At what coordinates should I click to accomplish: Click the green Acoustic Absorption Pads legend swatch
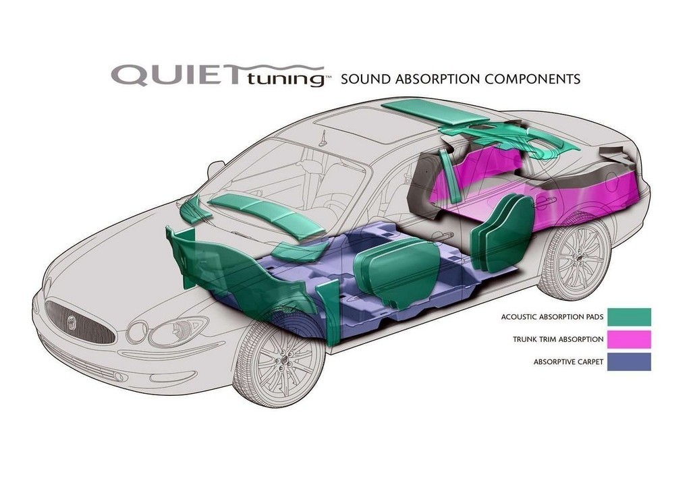pos(629,317)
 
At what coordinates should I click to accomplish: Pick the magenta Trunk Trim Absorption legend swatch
pos(629,339)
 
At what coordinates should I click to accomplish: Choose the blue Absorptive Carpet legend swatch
pos(629,361)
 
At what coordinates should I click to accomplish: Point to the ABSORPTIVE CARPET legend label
pos(568,362)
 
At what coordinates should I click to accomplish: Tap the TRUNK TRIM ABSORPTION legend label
pos(558,340)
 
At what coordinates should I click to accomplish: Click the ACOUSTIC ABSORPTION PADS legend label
pos(552,317)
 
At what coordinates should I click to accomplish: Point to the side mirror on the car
pos(215,169)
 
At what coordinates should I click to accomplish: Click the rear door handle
pos(546,202)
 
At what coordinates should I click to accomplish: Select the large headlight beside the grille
pos(177,332)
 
